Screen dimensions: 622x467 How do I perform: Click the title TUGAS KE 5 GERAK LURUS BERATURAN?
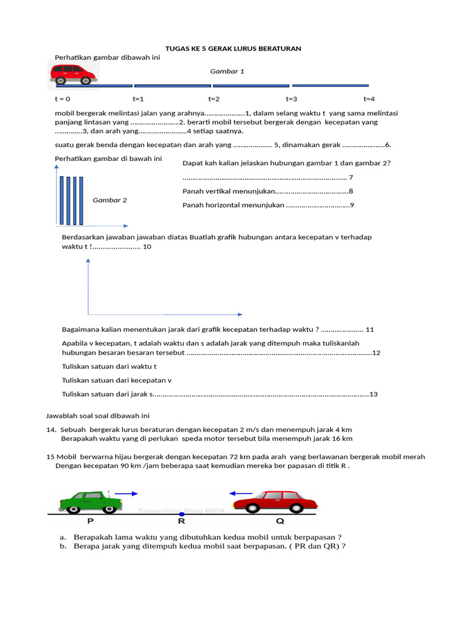[x=233, y=48]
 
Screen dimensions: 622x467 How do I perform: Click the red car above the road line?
[x=72, y=73]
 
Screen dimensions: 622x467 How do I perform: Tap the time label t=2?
[x=214, y=98]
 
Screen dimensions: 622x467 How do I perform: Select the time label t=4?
[x=369, y=98]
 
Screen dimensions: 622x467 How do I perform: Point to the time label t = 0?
[x=62, y=98]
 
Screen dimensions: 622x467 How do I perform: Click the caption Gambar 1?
[x=227, y=71]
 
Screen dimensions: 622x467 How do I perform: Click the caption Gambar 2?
[x=109, y=200]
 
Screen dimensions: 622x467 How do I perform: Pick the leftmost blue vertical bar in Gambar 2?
[x=62, y=200]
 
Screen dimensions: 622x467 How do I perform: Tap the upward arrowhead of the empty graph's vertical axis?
[x=89, y=261]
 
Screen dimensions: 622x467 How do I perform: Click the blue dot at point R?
[x=182, y=514]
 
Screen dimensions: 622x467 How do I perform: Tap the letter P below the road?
[x=91, y=521]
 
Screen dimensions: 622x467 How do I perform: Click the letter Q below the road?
[x=280, y=521]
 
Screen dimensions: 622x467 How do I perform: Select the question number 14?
[x=50, y=429]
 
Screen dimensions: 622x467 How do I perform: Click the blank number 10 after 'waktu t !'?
[x=147, y=247]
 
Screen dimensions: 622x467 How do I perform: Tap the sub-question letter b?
[x=63, y=545]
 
